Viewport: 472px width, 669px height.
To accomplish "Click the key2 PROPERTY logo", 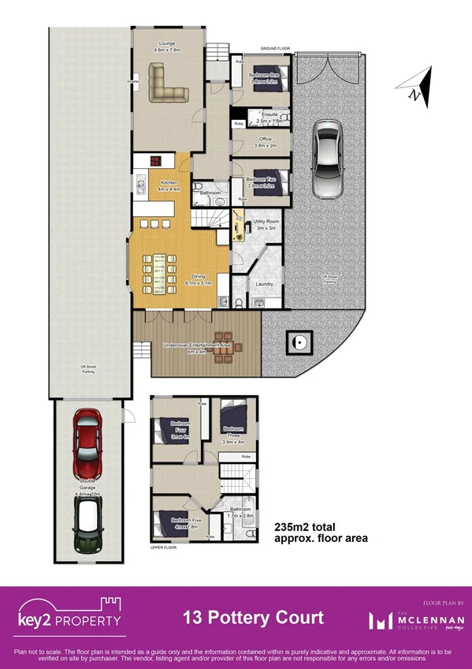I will (70, 615).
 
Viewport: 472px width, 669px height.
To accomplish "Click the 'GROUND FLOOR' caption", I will (276, 48).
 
